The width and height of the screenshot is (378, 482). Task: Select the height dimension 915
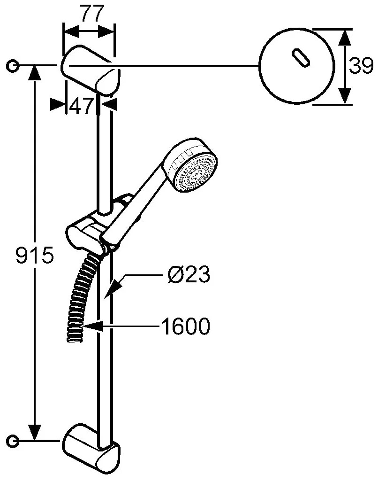tap(35, 255)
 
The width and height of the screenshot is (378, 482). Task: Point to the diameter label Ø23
tap(189, 274)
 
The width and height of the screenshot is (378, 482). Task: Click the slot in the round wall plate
tap(300, 57)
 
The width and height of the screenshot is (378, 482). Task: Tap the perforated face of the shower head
tap(196, 174)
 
